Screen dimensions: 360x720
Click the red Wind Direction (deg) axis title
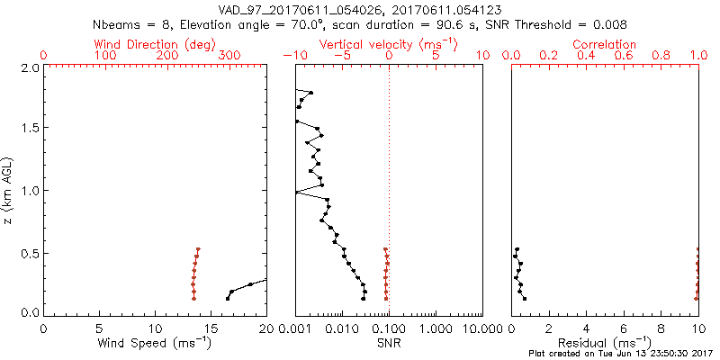pyautogui.click(x=156, y=44)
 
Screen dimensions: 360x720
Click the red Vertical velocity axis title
pyautogui.click(x=387, y=44)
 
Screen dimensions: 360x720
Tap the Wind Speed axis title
pyautogui.click(x=155, y=343)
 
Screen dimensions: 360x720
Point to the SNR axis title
pyautogui.click(x=388, y=343)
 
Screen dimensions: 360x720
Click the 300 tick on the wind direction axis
pyautogui.click(x=229, y=56)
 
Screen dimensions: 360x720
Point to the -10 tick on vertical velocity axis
pyautogui.click(x=292, y=56)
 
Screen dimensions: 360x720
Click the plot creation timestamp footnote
pyautogui.click(x=621, y=354)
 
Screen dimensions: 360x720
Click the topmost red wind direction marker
pyautogui.click(x=198, y=249)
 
